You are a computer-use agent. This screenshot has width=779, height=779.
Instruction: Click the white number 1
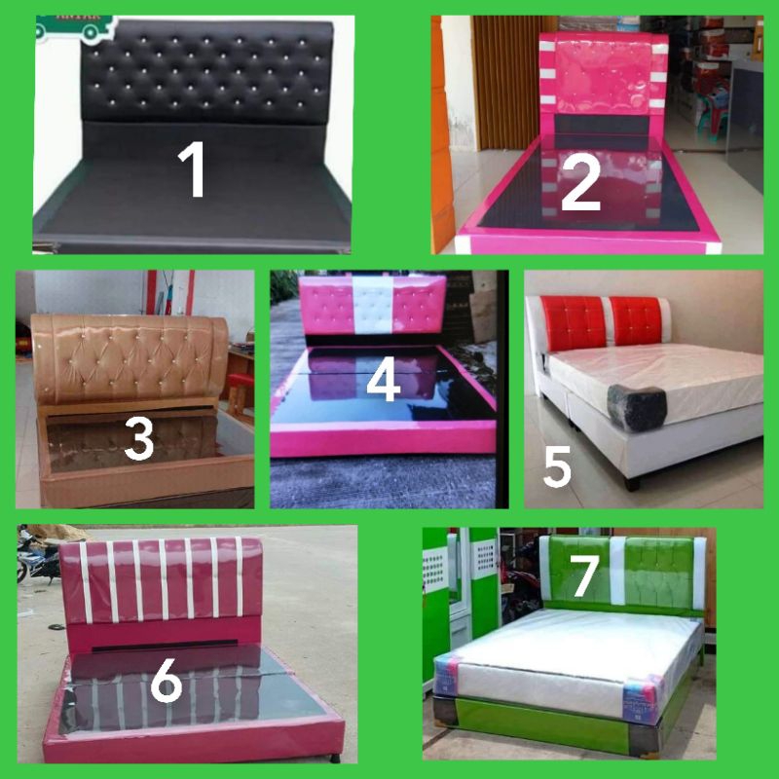195,169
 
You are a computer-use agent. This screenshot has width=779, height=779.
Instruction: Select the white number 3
139,439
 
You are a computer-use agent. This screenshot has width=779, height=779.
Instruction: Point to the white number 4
383,380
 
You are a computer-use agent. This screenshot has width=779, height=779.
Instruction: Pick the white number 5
557,467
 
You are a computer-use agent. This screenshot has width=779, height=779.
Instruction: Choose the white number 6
167,683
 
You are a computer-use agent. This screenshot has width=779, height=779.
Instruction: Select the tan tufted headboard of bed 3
131,356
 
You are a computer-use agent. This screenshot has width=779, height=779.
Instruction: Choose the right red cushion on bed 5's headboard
637,321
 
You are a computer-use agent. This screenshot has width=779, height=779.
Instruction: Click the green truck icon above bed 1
72,28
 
